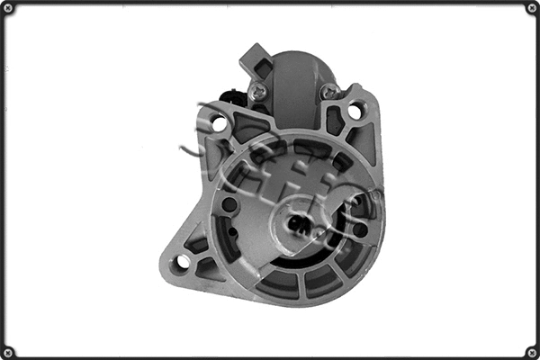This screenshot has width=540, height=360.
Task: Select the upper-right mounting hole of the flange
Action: pos(355,112)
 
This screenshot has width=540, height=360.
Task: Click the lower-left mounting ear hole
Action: pos(183,261)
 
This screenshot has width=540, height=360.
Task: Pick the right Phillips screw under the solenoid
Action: pos(330,90)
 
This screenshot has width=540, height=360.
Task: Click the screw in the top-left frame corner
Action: pos(8,8)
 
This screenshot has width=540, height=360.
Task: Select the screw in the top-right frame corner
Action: pos(531,8)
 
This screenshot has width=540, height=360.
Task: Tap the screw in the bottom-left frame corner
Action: pos(8,351)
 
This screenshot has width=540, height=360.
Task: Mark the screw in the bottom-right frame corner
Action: pos(531,351)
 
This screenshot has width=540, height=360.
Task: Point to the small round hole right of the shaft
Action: pos(360,230)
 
